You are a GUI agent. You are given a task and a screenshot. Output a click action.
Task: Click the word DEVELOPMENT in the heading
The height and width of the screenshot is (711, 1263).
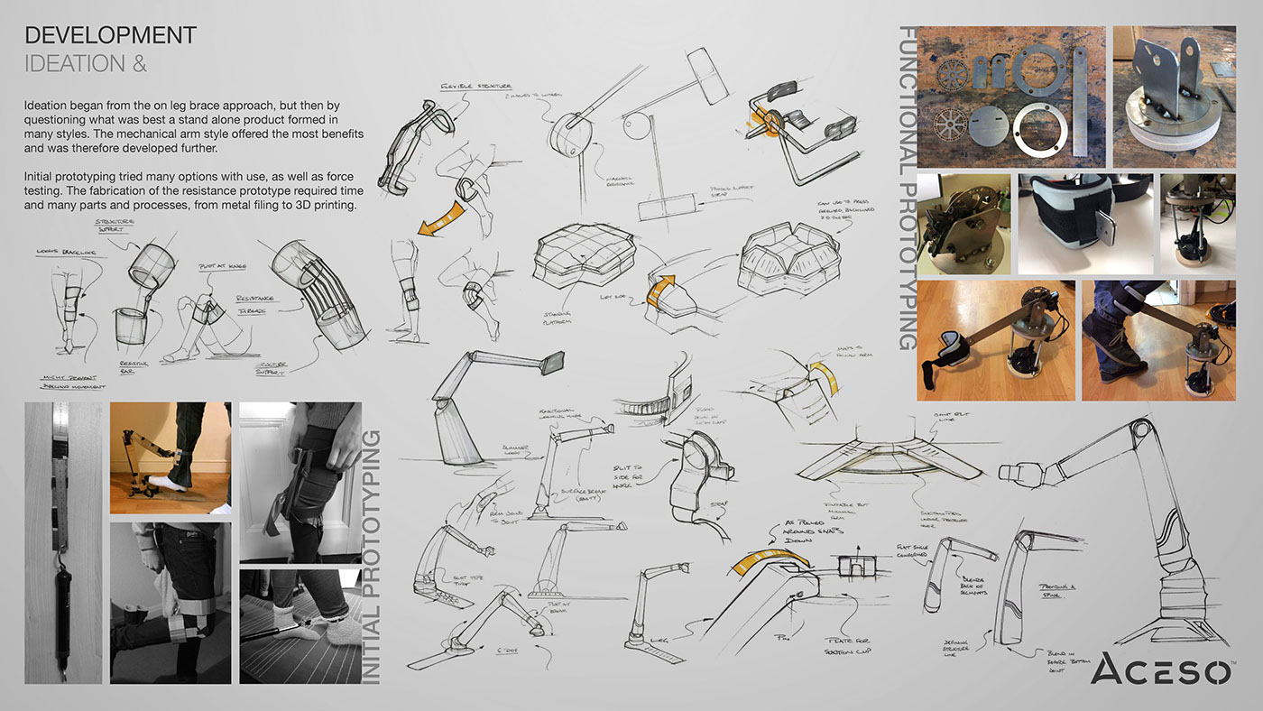click(110, 35)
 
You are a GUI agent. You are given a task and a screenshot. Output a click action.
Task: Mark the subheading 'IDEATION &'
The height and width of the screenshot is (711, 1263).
click(75, 64)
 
